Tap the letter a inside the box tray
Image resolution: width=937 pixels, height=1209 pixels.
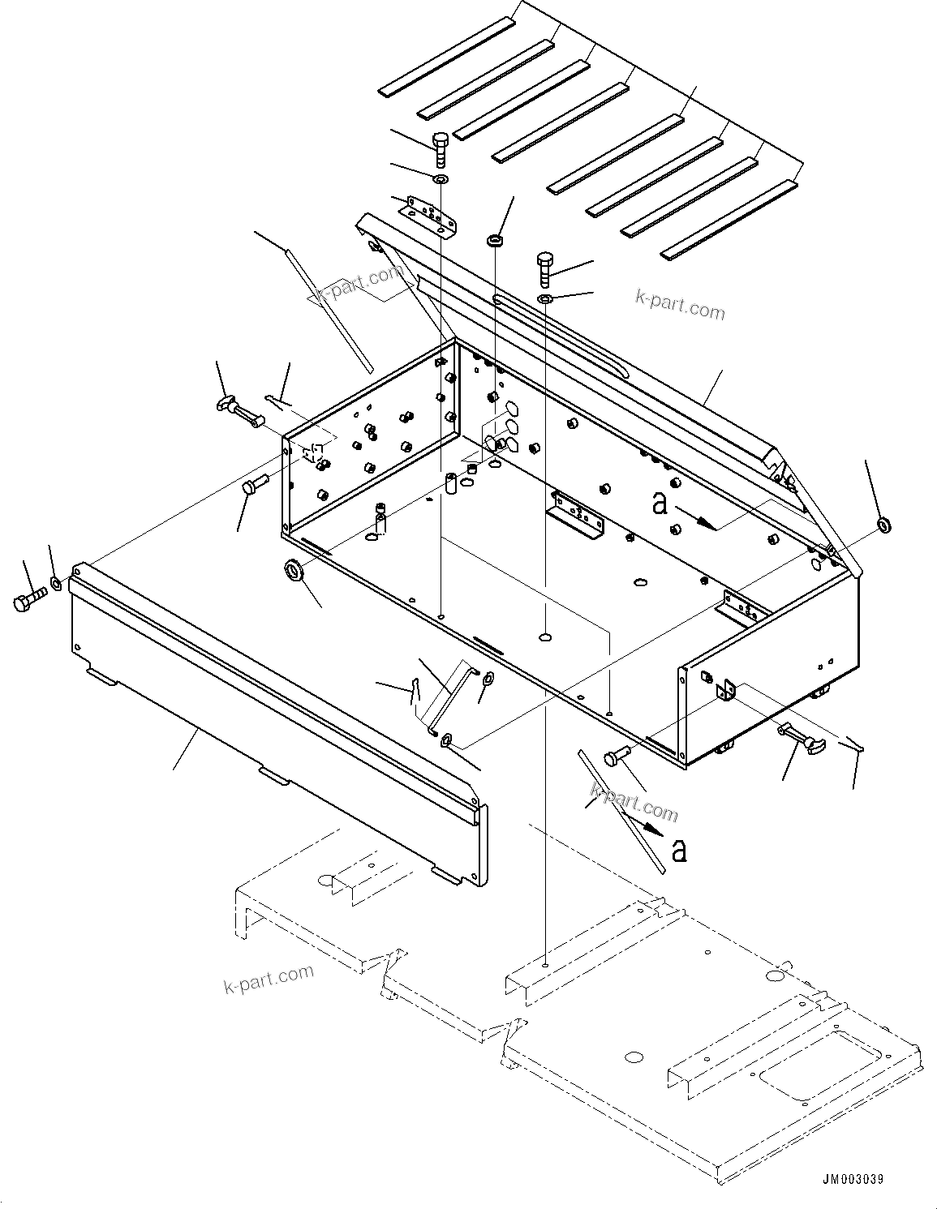660,504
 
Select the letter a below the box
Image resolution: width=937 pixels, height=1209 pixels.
680,851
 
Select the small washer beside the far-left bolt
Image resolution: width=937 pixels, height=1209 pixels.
56,583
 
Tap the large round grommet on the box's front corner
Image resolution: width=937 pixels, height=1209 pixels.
294,570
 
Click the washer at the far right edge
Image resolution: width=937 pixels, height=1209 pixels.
883,525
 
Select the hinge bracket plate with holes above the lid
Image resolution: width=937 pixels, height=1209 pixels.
428,214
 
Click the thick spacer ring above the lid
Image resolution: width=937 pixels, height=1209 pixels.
494,241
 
